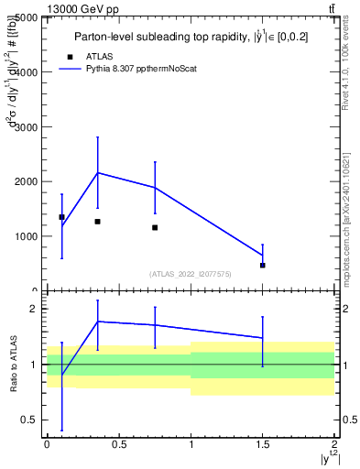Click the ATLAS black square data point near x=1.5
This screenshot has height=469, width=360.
coord(263,265)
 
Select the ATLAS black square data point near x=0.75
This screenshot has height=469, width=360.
coord(155,227)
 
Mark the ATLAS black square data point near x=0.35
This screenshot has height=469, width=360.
coord(97,222)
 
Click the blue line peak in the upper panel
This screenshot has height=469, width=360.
coord(97,172)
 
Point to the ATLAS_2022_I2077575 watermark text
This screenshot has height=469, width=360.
coord(191,273)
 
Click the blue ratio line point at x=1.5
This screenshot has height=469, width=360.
coord(263,338)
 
